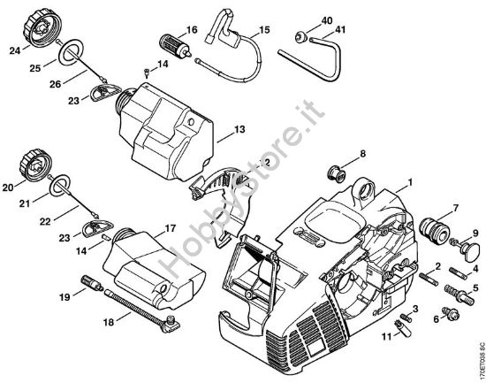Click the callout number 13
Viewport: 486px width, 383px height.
(x=239, y=130)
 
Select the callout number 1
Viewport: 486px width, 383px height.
(x=409, y=185)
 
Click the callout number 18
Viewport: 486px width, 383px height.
(x=108, y=325)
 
